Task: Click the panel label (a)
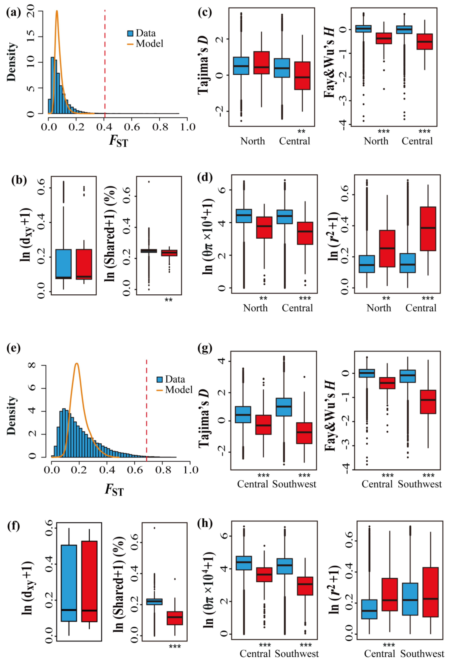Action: click(13, 13)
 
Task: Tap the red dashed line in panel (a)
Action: click(105, 63)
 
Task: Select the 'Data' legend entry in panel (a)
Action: click(142, 33)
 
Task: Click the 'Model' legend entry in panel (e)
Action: click(175, 389)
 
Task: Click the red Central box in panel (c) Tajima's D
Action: click(302, 76)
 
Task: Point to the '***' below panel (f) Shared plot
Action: click(175, 647)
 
